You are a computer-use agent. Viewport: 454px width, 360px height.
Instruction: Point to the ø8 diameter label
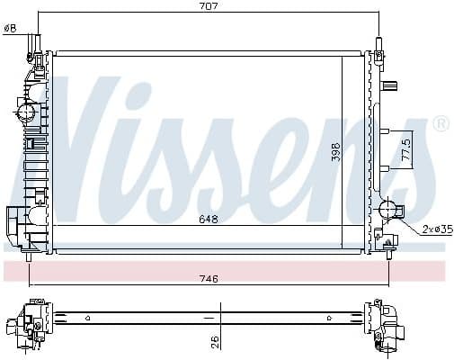(x=11, y=28)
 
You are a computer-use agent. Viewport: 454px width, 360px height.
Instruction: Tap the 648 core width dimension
(x=209, y=219)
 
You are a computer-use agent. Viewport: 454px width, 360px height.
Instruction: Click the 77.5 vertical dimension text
(x=406, y=149)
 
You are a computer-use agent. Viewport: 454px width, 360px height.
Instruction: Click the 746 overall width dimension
(x=209, y=278)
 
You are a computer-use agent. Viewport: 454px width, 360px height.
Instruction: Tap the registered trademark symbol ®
(x=440, y=124)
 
